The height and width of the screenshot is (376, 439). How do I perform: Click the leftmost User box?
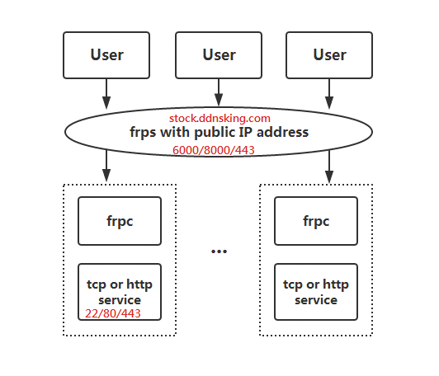coord(106,55)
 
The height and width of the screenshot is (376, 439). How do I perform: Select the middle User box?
coord(219,55)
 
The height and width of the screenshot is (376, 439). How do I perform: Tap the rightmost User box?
coord(329,55)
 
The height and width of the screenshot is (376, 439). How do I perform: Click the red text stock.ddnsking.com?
coord(219,119)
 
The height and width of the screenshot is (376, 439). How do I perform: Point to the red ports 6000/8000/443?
coord(214,150)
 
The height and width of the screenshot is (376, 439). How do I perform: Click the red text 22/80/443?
coord(113,313)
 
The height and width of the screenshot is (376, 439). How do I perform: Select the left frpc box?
coord(120,221)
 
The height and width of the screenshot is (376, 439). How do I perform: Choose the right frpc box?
coord(316,221)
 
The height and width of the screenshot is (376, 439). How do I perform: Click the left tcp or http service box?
coord(120,292)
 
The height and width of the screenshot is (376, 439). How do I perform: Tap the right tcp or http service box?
coord(316,292)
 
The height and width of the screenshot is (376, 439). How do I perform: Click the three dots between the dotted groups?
coord(219,251)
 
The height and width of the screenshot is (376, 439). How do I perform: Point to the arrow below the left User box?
coord(106,94)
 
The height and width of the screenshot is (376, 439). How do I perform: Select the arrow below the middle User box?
coord(219,92)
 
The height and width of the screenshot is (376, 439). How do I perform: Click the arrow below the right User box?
coord(329,94)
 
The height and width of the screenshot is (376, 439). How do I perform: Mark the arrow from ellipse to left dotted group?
coord(106,167)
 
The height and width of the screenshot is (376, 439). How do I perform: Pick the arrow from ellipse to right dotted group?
coord(329,167)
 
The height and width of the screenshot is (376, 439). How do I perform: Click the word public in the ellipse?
coord(213,133)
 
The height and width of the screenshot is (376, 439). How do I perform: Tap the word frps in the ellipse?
coord(143,133)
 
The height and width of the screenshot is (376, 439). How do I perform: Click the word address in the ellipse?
coord(282,132)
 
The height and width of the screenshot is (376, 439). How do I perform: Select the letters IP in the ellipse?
coord(244,132)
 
